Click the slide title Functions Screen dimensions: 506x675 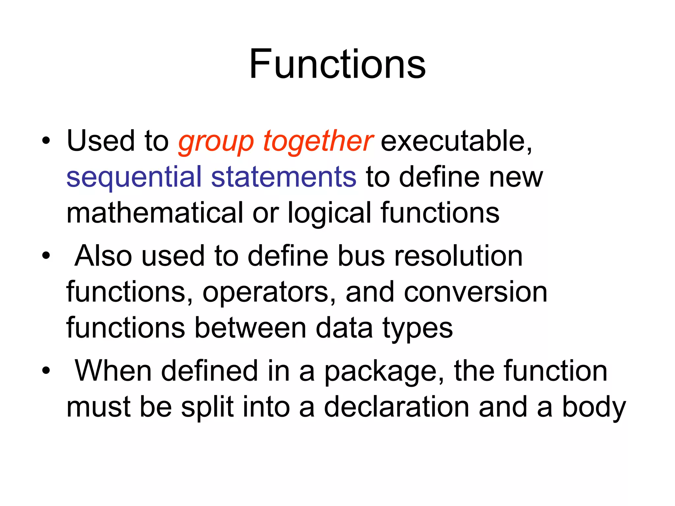(337, 64)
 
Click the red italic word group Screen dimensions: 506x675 (216, 142)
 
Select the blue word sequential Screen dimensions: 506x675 (134, 178)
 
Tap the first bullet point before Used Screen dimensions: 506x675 (46, 141)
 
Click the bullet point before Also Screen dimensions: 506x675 (46, 256)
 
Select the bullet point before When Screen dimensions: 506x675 (46, 371)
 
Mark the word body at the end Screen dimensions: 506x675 (594, 408)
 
